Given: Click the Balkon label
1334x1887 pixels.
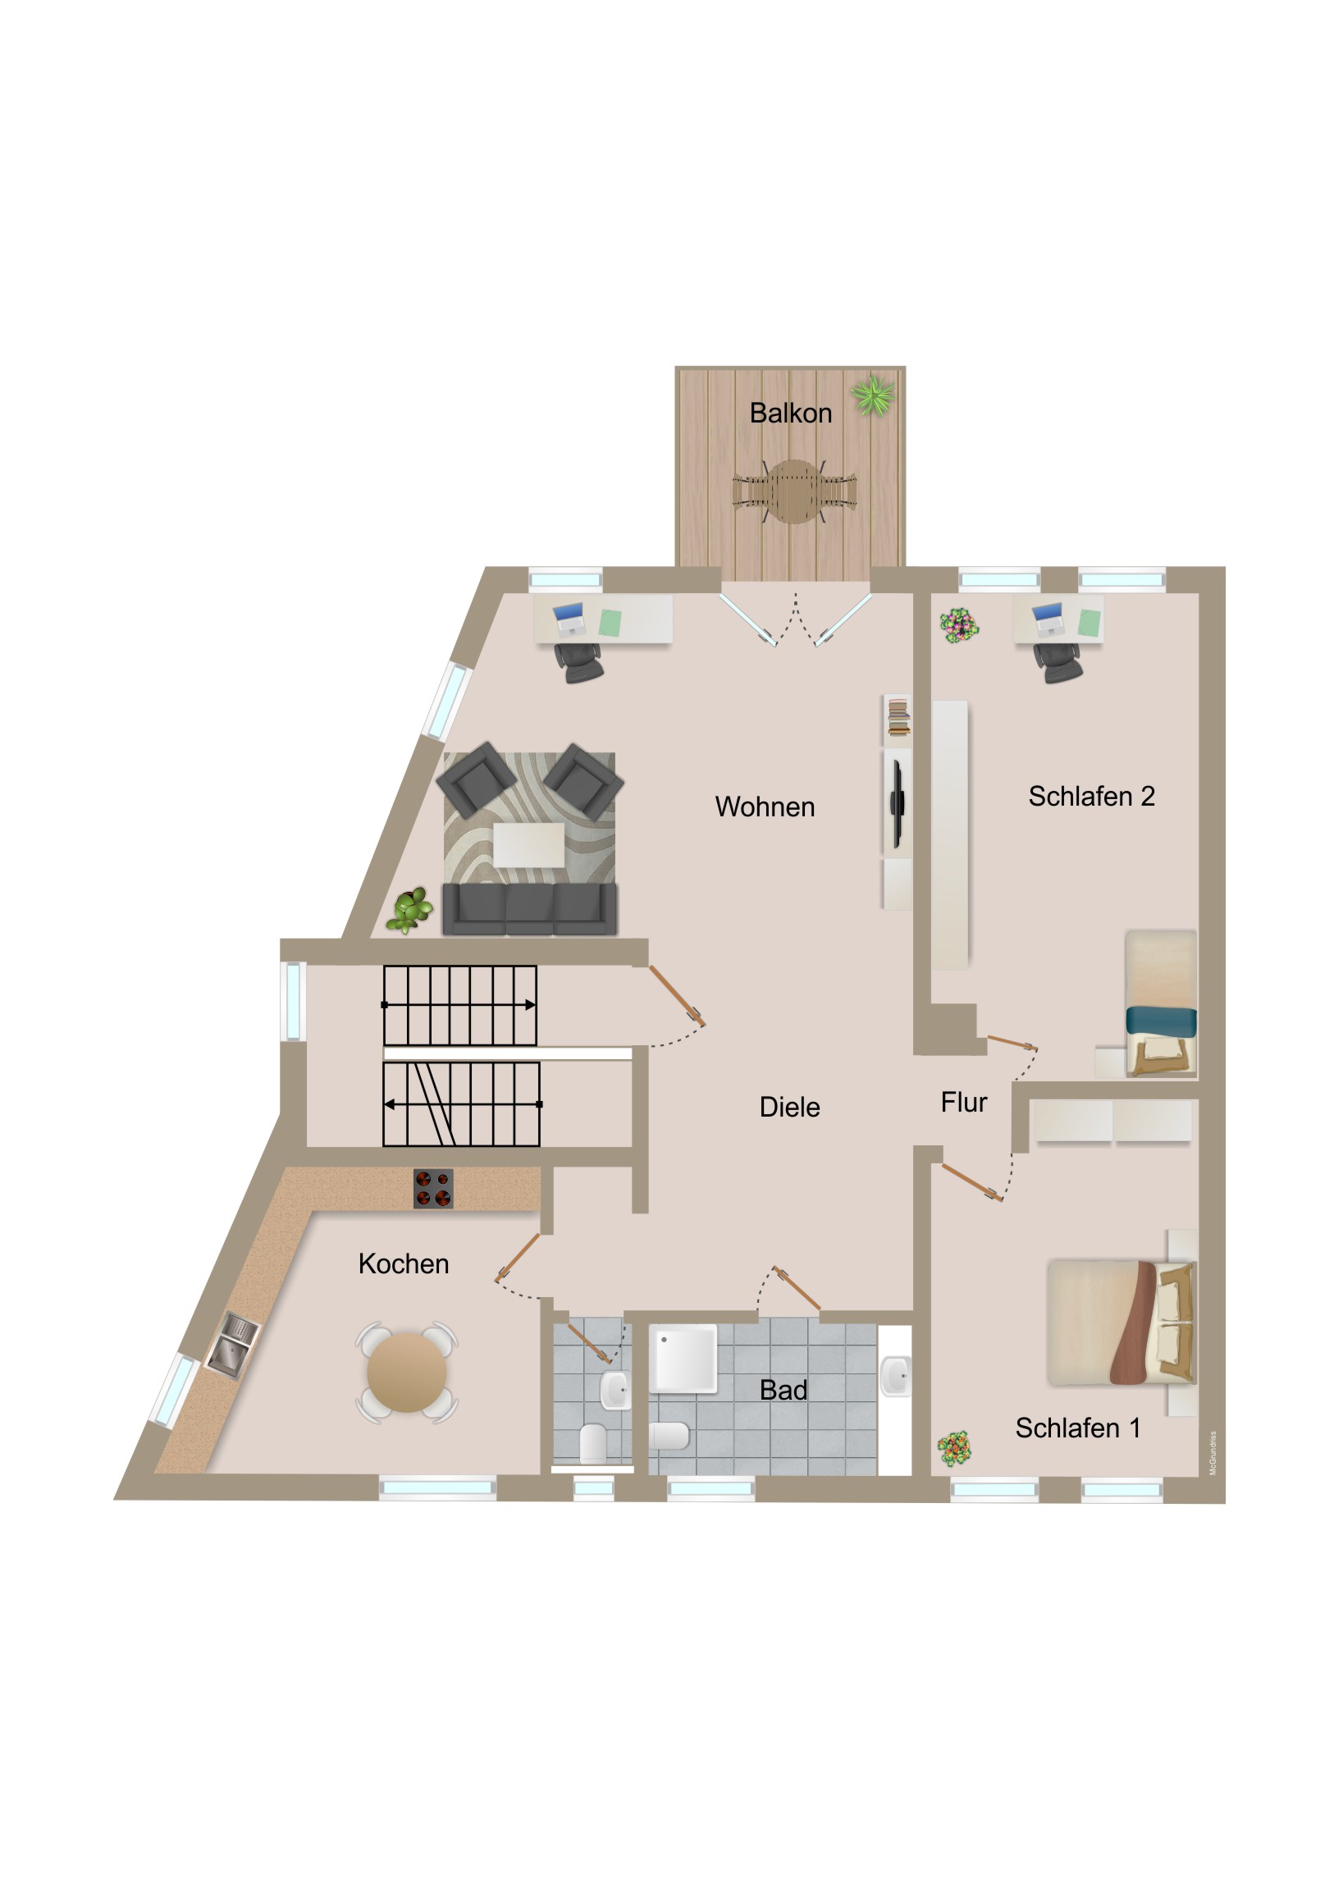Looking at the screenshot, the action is tap(791, 413).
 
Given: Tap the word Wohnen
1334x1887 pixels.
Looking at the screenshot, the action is tap(765, 806).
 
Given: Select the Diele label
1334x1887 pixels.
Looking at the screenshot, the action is tap(789, 1106).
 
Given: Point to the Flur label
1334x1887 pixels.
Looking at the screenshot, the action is tap(963, 1101).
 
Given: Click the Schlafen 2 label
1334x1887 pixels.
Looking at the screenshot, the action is tap(1091, 796).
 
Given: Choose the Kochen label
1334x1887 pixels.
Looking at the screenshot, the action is tap(404, 1263).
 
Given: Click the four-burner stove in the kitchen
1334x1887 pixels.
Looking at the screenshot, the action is tap(433, 1189).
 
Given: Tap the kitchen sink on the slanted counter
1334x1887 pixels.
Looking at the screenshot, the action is tap(232, 1345).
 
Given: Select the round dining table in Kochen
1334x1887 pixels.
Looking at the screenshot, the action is tap(407, 1373).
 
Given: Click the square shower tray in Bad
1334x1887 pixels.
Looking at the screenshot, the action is tap(683, 1358).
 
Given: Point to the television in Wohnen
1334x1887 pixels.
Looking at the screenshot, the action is tap(898, 802).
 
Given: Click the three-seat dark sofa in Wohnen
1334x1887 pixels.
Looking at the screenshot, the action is tap(529, 909).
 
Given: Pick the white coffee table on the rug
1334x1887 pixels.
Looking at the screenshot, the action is tap(528, 845).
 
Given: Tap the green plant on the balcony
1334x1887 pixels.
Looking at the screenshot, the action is tap(873, 396).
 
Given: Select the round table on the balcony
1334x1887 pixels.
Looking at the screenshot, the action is tap(795, 491).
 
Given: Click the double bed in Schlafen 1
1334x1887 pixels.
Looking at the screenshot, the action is tap(1122, 1323).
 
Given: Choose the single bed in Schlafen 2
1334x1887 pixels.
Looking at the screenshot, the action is tap(1161, 1003).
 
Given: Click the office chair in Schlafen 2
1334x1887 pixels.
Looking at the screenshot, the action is tap(1058, 661).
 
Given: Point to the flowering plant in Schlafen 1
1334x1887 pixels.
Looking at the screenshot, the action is tap(954, 1448).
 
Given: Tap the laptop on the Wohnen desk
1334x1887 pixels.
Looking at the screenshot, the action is tap(568, 619).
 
